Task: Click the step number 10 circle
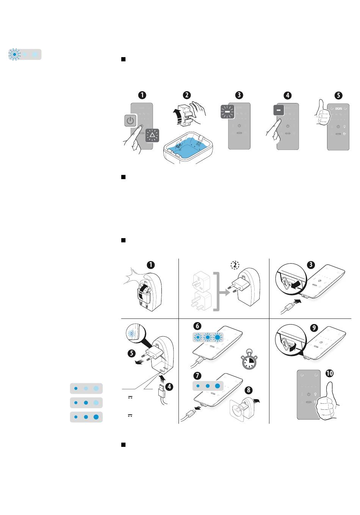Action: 329,373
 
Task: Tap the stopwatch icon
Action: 249,359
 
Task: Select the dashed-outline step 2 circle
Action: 235,265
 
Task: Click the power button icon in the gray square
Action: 130,121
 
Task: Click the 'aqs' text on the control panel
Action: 338,108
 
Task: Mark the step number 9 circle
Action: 314,328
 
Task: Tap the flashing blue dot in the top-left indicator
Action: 14,55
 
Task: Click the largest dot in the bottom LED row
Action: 96,417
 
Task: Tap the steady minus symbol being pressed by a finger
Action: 279,110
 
